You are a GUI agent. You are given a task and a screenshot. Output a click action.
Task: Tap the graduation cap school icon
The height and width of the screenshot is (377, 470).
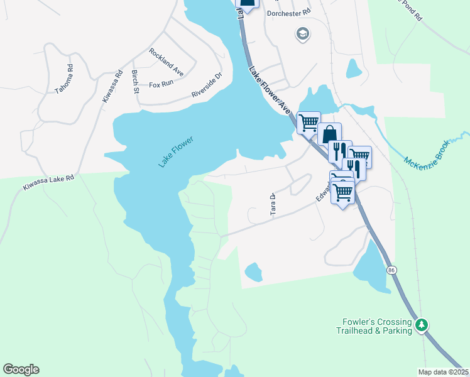[303, 34]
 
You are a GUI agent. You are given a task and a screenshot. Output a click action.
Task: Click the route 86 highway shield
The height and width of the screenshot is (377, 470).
[392, 270]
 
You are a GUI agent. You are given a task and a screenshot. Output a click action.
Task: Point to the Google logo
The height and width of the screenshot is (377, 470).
[21, 369]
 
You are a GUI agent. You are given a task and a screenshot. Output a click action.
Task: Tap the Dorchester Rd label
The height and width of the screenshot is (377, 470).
[289, 12]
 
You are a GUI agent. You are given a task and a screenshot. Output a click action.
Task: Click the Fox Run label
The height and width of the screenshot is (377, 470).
[161, 84]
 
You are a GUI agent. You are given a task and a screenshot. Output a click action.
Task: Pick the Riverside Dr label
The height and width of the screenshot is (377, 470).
[207, 87]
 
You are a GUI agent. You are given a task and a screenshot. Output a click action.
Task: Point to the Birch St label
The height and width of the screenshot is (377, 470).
[136, 82]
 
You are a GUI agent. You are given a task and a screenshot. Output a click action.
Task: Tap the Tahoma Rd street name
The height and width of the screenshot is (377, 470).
[64, 79]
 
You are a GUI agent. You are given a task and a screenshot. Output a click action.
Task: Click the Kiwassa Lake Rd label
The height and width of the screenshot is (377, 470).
[49, 183]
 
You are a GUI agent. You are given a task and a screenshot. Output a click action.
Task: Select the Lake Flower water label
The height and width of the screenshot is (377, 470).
[175, 151]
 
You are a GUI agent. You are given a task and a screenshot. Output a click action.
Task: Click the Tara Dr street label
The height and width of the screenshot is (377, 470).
[273, 204]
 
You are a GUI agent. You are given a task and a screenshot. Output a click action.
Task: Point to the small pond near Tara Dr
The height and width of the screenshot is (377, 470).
[253, 272]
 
